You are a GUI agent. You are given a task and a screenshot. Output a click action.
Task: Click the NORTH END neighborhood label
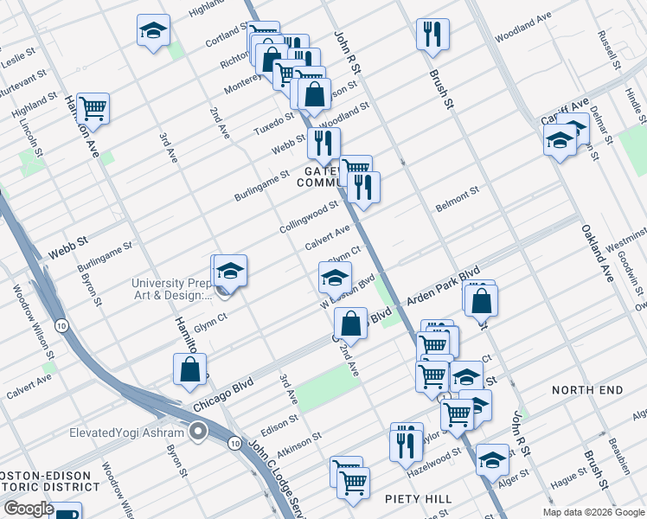[587, 390]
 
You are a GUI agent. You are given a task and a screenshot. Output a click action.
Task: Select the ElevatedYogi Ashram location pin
[199, 431]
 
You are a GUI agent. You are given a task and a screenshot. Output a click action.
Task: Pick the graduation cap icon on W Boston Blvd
[335, 278]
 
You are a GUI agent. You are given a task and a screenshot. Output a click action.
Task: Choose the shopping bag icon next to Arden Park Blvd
[482, 300]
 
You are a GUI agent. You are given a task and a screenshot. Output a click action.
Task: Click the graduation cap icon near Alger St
[492, 459]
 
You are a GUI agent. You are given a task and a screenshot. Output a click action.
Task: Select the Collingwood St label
[308, 217]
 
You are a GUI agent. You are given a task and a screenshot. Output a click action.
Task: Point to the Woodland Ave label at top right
[522, 29]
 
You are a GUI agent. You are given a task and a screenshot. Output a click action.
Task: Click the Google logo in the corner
[28, 509]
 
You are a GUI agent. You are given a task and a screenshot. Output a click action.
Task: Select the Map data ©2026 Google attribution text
[593, 512]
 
